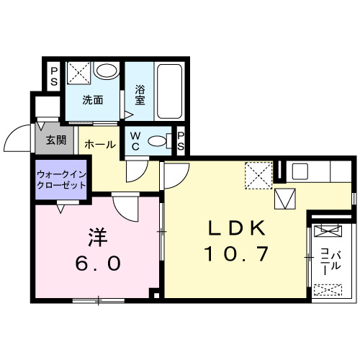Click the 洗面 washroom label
pyautogui.click(x=91, y=100)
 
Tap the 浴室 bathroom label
pyautogui.click(x=140, y=96)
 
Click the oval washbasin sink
pyautogui.click(x=107, y=72)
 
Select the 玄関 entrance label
pyautogui.click(x=55, y=140)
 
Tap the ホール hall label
pyautogui.click(x=100, y=145)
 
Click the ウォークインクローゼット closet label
pyautogui.click(x=61, y=180)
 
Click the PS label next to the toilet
pyautogui.click(x=180, y=142)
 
